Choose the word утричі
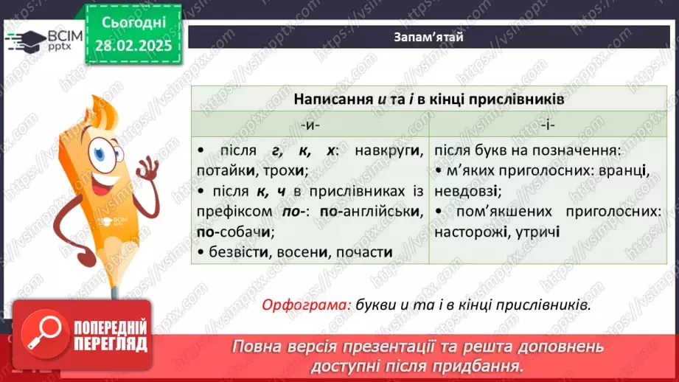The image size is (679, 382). tap(540, 232)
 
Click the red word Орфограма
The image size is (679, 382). tap(306, 305)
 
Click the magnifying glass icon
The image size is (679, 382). tap(41, 335)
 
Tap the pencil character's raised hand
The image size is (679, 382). tap(148, 173)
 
